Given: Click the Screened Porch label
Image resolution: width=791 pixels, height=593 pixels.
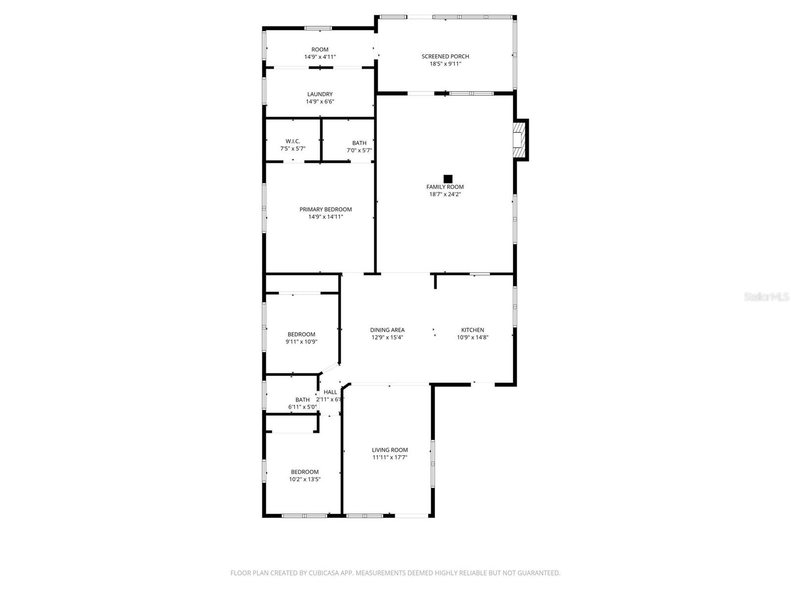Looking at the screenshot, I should coord(445,56).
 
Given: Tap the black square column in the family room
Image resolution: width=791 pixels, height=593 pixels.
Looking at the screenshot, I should coord(448,179).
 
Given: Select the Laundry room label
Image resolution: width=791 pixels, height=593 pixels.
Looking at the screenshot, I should coord(320,94).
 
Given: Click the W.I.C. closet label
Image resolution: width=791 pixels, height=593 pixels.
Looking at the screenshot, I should coord(293,141).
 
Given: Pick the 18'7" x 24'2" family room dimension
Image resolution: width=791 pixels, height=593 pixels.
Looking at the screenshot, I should coord(445,194).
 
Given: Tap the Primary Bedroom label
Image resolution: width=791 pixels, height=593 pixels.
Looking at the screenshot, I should coord(325,210).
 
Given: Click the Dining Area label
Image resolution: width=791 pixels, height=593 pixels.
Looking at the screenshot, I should coord(387,330).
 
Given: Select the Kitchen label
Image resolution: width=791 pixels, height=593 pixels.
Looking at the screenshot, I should coord(473,330).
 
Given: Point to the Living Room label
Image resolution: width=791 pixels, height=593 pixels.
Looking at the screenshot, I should coord(390,450).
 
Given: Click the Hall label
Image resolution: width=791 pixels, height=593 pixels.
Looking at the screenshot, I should coord(330,392).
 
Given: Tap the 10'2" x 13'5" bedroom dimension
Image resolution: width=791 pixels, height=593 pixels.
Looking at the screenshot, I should coord(305,479).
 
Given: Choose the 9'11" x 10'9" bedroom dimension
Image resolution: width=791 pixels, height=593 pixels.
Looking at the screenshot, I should coord(301,341).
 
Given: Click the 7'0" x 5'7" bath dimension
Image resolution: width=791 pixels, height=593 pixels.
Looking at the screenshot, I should coord(359,150).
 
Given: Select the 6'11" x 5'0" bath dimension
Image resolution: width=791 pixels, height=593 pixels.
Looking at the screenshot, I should coord(302,407).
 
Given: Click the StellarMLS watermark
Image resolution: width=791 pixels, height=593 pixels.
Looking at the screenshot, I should coord(766,297).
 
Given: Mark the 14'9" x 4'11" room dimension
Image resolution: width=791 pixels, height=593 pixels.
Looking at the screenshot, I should coord(320,57).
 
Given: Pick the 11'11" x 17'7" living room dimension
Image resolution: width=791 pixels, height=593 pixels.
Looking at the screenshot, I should coord(390,458).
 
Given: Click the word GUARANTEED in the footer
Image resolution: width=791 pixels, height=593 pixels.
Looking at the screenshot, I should coord(539,573).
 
